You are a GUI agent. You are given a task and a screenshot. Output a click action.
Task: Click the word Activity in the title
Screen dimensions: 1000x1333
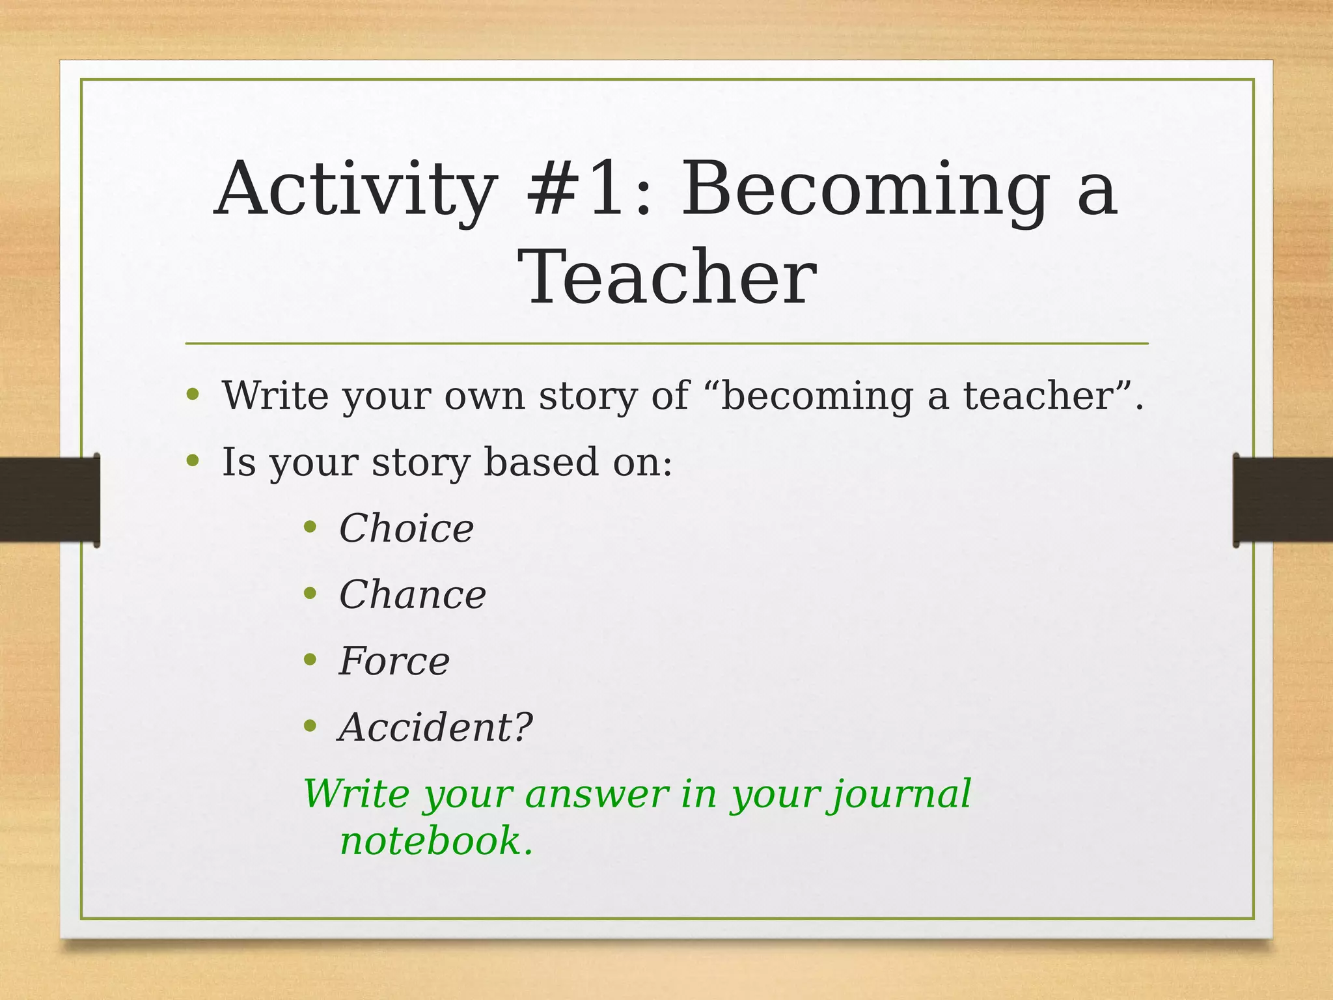pos(355,190)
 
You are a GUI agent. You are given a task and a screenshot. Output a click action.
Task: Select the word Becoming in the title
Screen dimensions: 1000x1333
pos(865,190)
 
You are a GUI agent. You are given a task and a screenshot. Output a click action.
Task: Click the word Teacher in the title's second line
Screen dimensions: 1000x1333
pos(666,279)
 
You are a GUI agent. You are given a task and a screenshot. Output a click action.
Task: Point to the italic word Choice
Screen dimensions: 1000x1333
pos(406,528)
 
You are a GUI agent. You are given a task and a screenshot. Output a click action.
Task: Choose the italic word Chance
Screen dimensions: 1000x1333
pos(412,594)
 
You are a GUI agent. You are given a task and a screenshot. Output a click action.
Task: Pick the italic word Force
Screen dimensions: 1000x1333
pos(394,661)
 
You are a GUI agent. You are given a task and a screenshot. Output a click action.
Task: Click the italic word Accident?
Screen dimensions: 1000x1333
pos(435,727)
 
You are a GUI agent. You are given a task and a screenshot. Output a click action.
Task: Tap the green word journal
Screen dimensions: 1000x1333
pos(899,794)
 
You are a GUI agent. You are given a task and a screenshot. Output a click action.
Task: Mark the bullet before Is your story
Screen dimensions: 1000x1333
pos(192,461)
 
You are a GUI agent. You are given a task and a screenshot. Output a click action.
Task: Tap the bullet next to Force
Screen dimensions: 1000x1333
pos(310,660)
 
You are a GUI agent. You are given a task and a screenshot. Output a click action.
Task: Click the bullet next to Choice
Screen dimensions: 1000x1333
pos(310,527)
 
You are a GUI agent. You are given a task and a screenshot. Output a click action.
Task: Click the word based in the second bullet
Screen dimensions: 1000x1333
pos(540,462)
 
